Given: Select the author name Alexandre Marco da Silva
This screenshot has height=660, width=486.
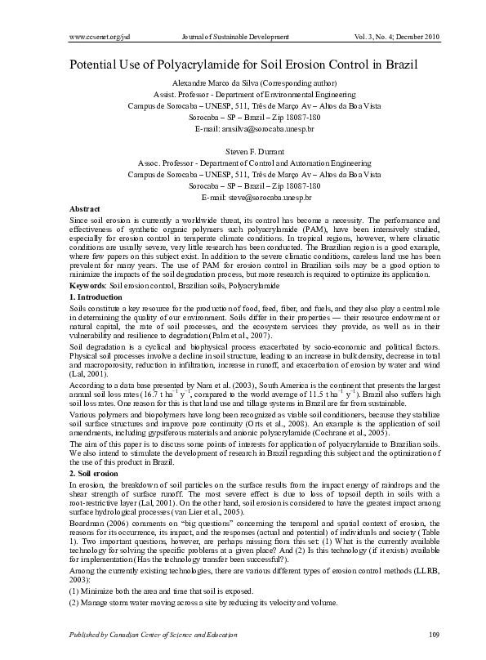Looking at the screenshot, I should (220, 83).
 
